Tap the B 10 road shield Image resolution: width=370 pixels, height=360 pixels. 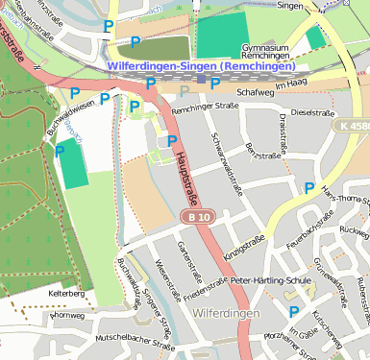199,219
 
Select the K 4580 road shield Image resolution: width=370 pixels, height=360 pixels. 352,126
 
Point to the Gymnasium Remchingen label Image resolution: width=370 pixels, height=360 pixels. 268,52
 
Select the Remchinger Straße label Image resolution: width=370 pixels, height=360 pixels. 204,108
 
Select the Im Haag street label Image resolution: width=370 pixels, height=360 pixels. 289,86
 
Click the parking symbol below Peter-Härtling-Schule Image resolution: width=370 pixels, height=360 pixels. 294,312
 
